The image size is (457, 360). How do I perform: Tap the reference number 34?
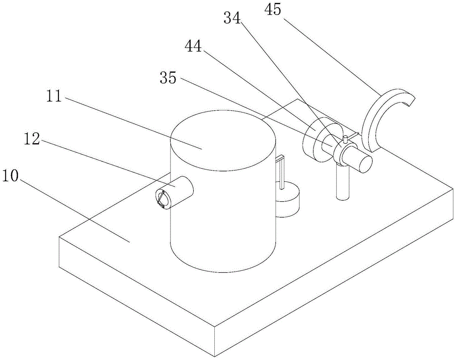coord(232,18)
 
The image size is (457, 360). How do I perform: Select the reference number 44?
coord(193,46)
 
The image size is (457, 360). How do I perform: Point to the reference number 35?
coord(168,78)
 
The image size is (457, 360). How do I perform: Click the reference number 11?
coord(54,96)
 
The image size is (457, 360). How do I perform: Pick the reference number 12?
coord(32,139)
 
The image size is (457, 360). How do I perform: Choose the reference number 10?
coord(10,176)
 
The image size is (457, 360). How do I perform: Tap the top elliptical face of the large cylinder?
coord(223,140)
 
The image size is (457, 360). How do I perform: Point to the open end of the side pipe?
coord(163,199)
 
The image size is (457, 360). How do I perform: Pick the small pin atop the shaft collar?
coord(345,139)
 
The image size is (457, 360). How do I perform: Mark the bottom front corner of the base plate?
coord(215,356)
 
